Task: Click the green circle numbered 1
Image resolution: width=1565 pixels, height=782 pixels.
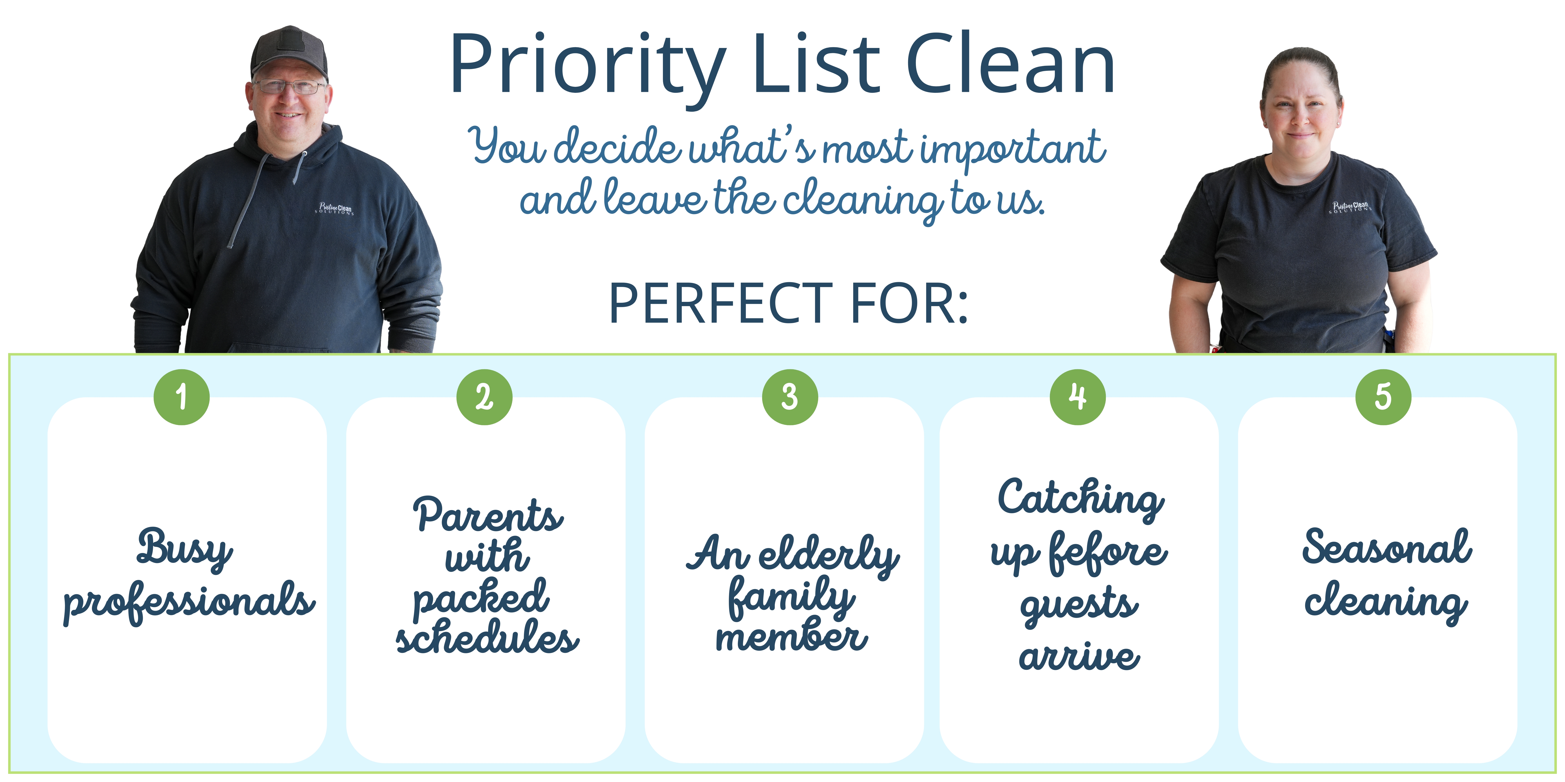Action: [182, 397]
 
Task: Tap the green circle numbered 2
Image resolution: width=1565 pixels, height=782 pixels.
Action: [484, 397]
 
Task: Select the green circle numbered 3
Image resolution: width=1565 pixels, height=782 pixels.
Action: [790, 397]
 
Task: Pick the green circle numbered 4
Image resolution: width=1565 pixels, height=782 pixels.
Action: [1078, 397]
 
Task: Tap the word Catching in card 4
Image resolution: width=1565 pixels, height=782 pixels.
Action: [1081, 499]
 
